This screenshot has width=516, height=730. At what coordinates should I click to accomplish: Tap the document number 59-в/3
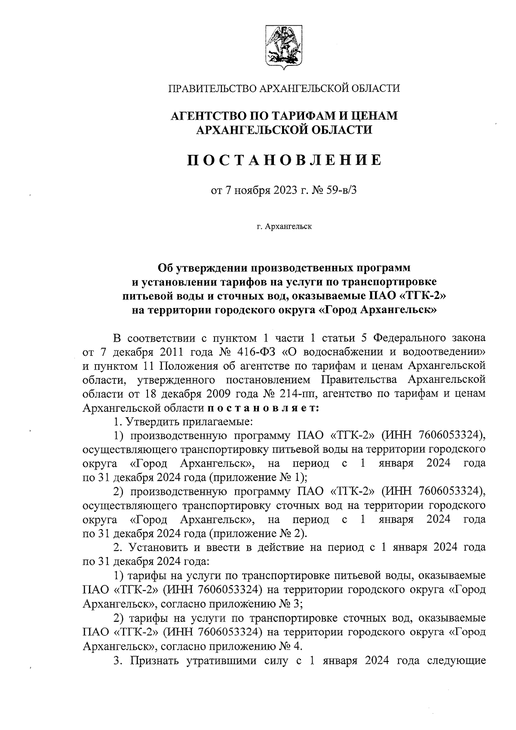tap(340, 190)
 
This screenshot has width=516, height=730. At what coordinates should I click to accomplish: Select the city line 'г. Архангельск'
tap(284, 226)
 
